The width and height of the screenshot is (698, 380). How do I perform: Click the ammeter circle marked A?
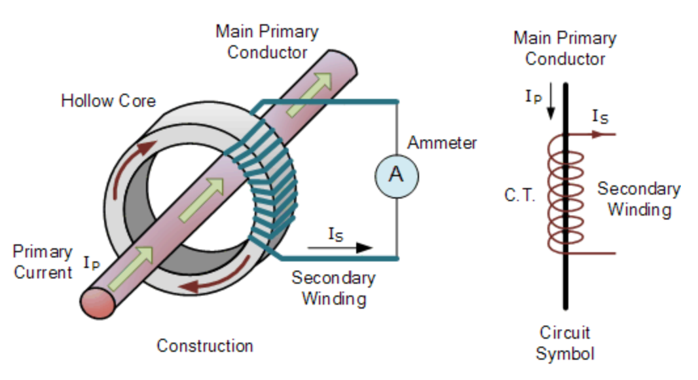pos(396,174)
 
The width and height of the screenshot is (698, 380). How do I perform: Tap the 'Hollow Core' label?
pos(108,101)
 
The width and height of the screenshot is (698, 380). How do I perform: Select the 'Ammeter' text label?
pos(442,142)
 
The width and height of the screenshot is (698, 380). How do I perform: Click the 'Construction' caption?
pos(204,345)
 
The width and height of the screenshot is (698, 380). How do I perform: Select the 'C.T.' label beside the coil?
pos(521,195)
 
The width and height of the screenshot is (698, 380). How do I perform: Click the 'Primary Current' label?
pos(43,262)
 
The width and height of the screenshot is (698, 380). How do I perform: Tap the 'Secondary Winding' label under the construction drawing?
pos(333,288)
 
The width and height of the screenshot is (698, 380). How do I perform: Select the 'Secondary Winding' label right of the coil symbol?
pos(638,199)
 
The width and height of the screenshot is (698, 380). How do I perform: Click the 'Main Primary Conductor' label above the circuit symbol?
pos(564,48)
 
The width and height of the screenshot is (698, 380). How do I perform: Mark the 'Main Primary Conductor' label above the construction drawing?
pos(267,41)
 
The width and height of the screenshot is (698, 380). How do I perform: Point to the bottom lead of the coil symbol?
pos(596,253)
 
